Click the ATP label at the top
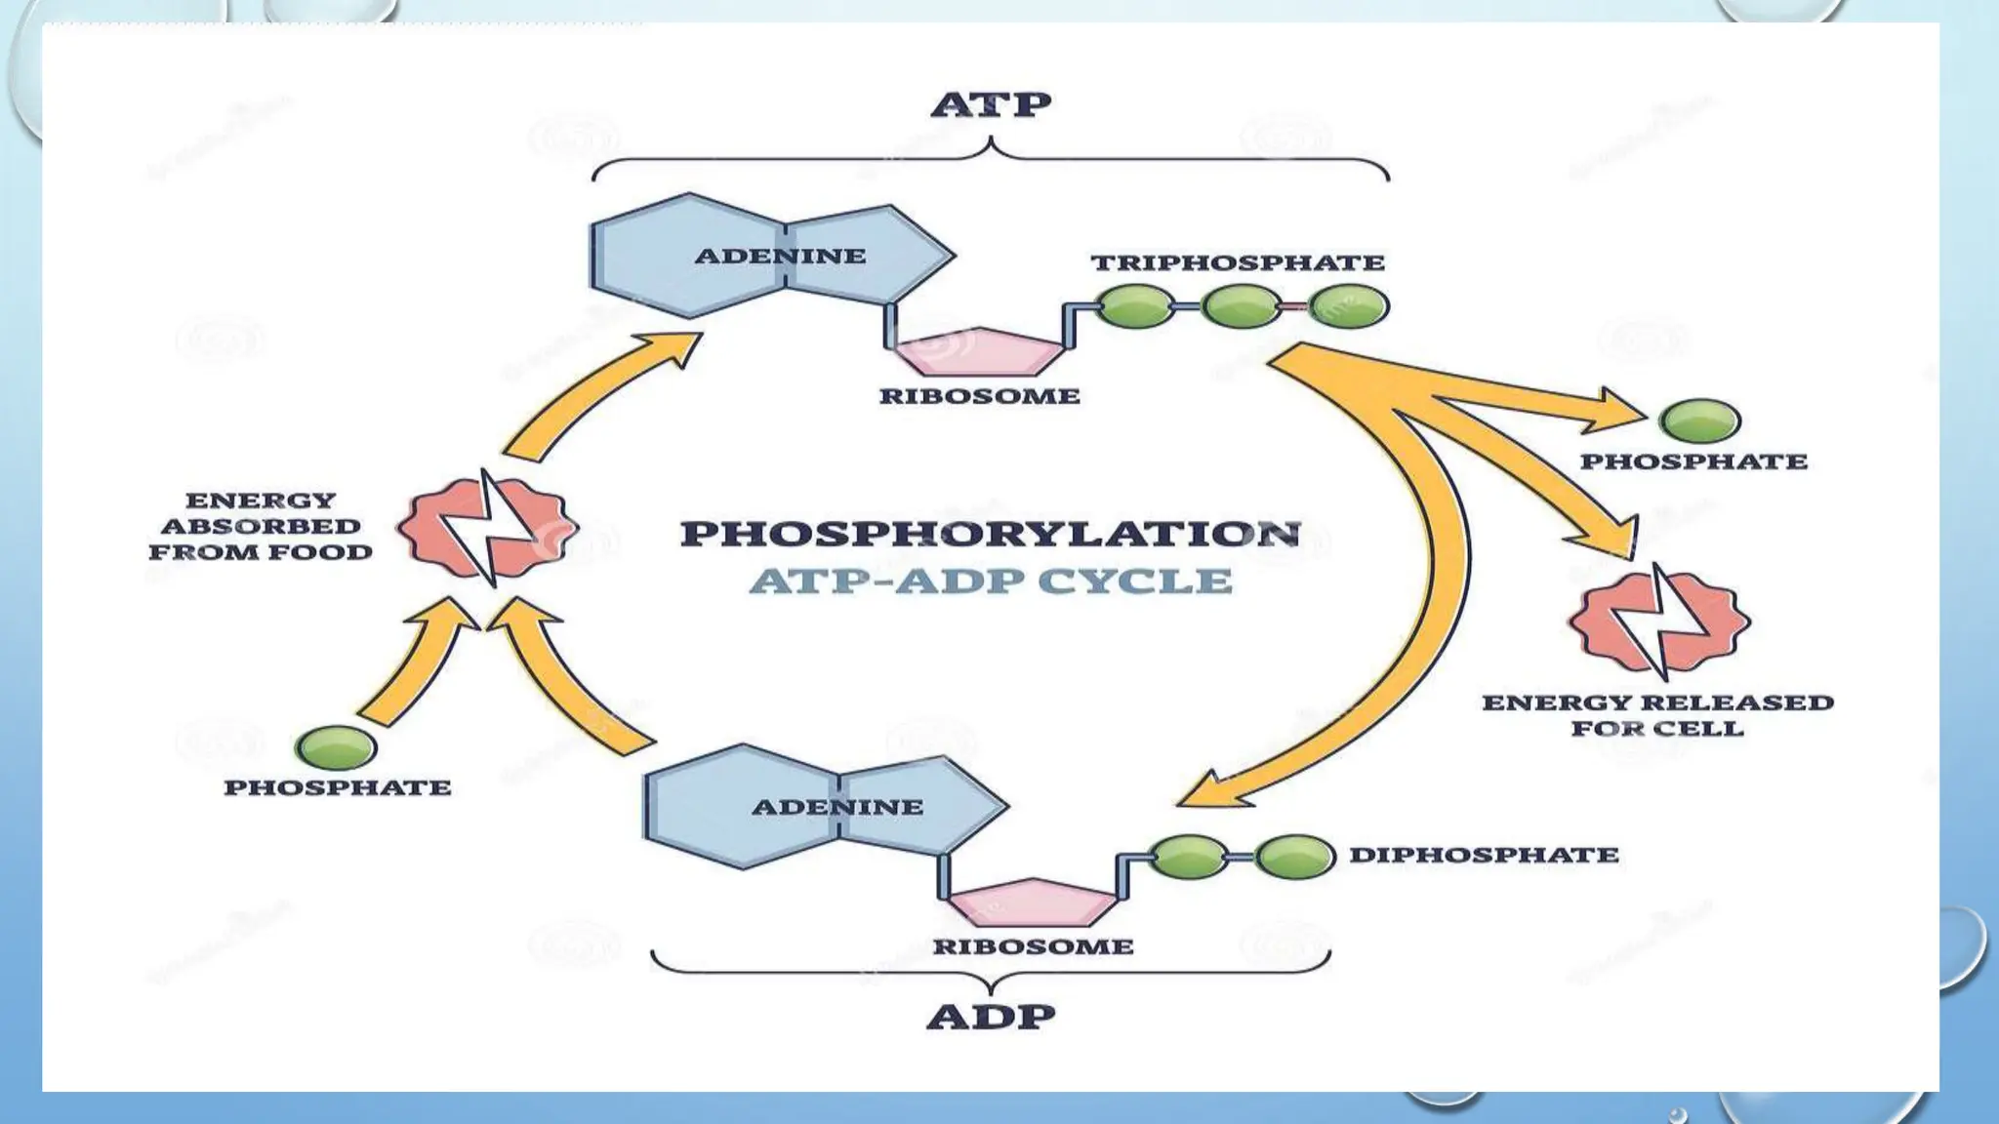pos(991,104)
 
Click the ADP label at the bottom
pos(991,1017)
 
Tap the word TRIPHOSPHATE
pos(1238,262)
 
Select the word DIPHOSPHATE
pos(1484,855)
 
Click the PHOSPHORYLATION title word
pos(990,534)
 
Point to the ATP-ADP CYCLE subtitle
pos(990,582)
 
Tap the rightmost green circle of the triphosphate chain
pos(1348,306)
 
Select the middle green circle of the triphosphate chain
pos(1241,306)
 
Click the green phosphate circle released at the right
pos(1699,421)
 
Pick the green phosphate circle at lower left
pos(336,747)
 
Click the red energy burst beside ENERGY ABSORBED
pos(487,528)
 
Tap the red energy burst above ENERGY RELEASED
pos(1659,622)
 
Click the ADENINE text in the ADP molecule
pos(837,807)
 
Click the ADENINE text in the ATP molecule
pos(780,256)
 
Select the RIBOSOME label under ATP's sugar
pos(979,396)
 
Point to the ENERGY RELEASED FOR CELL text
pos(1657,715)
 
